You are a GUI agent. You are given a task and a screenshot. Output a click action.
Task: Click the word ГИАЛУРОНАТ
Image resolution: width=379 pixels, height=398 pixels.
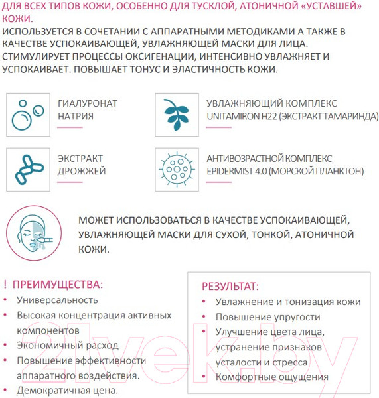[88, 103]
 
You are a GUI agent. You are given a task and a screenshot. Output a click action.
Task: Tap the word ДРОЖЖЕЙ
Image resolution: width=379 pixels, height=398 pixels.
[82, 172]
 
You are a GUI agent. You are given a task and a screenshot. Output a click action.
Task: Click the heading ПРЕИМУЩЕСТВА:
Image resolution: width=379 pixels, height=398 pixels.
[58, 285]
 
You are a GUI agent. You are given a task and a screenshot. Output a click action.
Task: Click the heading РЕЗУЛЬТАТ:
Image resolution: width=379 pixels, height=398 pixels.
[230, 287]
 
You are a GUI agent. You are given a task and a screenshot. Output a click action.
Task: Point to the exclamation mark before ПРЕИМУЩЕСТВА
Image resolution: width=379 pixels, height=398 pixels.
[5, 285]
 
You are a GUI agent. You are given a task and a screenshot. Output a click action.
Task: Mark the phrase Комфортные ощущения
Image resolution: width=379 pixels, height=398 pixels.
[271, 377]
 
